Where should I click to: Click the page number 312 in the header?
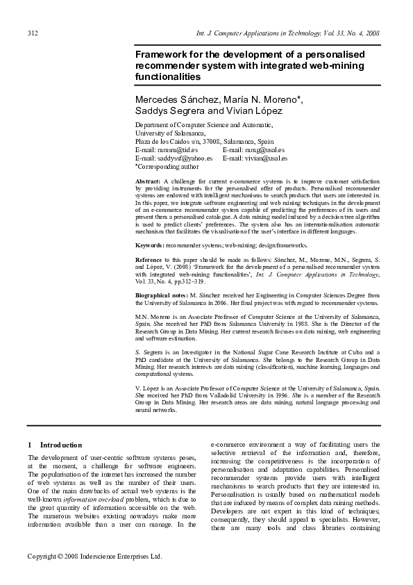(x=33, y=33)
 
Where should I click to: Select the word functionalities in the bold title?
(x=167, y=76)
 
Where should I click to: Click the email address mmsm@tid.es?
(x=177, y=149)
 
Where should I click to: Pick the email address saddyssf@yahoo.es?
(x=184, y=158)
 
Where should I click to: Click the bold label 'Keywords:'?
(x=149, y=245)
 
